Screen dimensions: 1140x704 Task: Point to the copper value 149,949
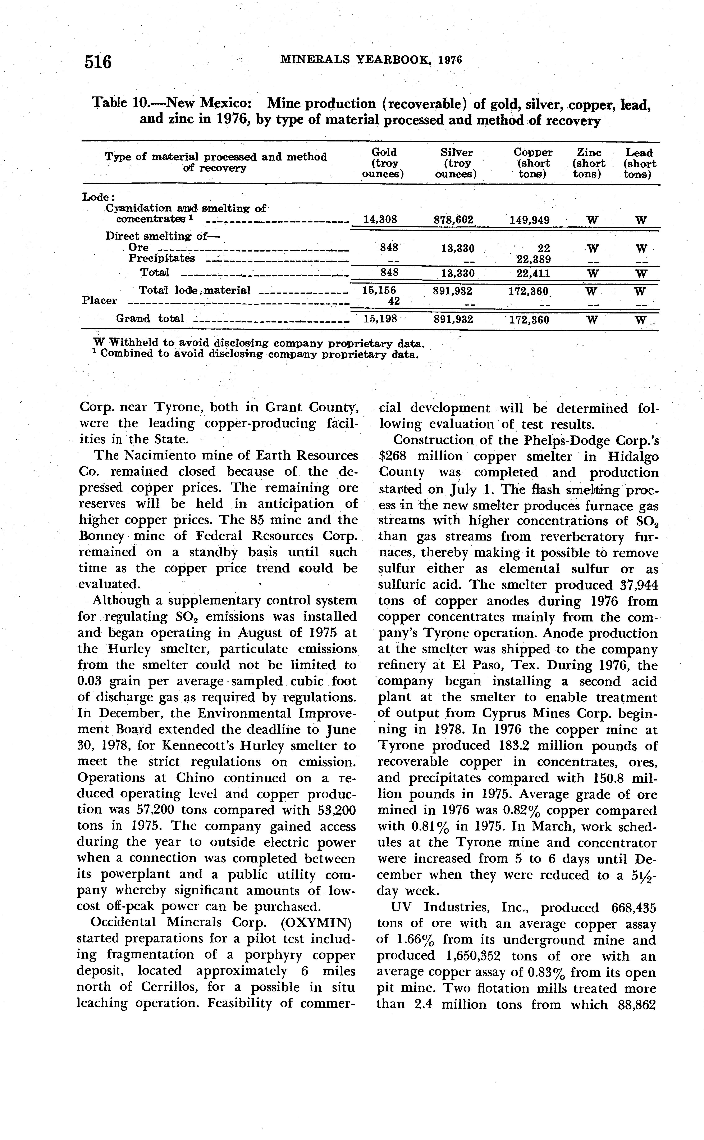coord(530,220)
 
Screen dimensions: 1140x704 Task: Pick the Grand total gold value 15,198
coord(380,320)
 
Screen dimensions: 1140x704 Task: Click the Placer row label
coord(99,300)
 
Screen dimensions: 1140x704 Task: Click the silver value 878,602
coord(453,220)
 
